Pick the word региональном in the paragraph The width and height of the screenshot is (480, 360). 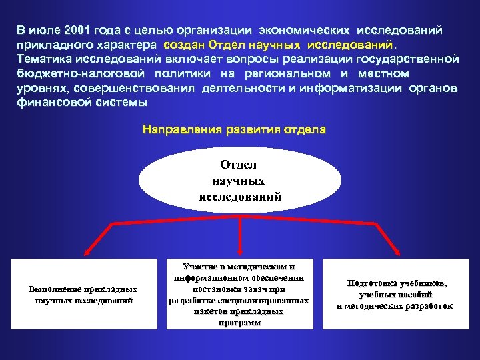click(287, 74)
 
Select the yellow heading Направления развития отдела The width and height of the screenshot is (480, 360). click(235, 130)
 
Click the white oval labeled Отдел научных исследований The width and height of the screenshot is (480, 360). click(240, 181)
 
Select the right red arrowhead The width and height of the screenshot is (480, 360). click(398, 253)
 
